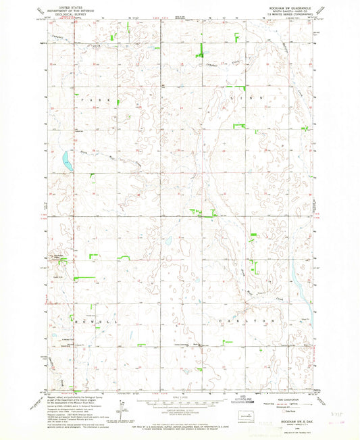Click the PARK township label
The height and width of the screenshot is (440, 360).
tap(94, 99)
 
